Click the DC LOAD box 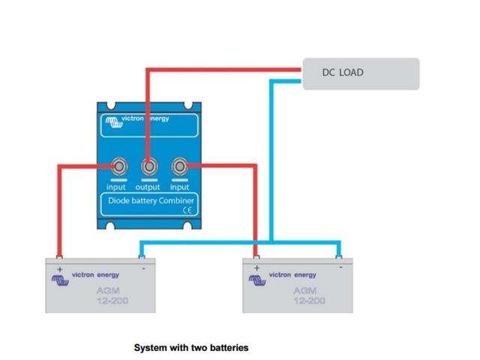[361, 73]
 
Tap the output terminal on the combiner [148, 166]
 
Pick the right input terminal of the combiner [179, 166]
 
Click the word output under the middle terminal [148, 187]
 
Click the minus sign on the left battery [142, 265]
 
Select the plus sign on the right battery [256, 266]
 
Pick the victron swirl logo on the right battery [256, 279]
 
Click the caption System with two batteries [190, 348]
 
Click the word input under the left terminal [116, 187]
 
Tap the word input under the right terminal [179, 187]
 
